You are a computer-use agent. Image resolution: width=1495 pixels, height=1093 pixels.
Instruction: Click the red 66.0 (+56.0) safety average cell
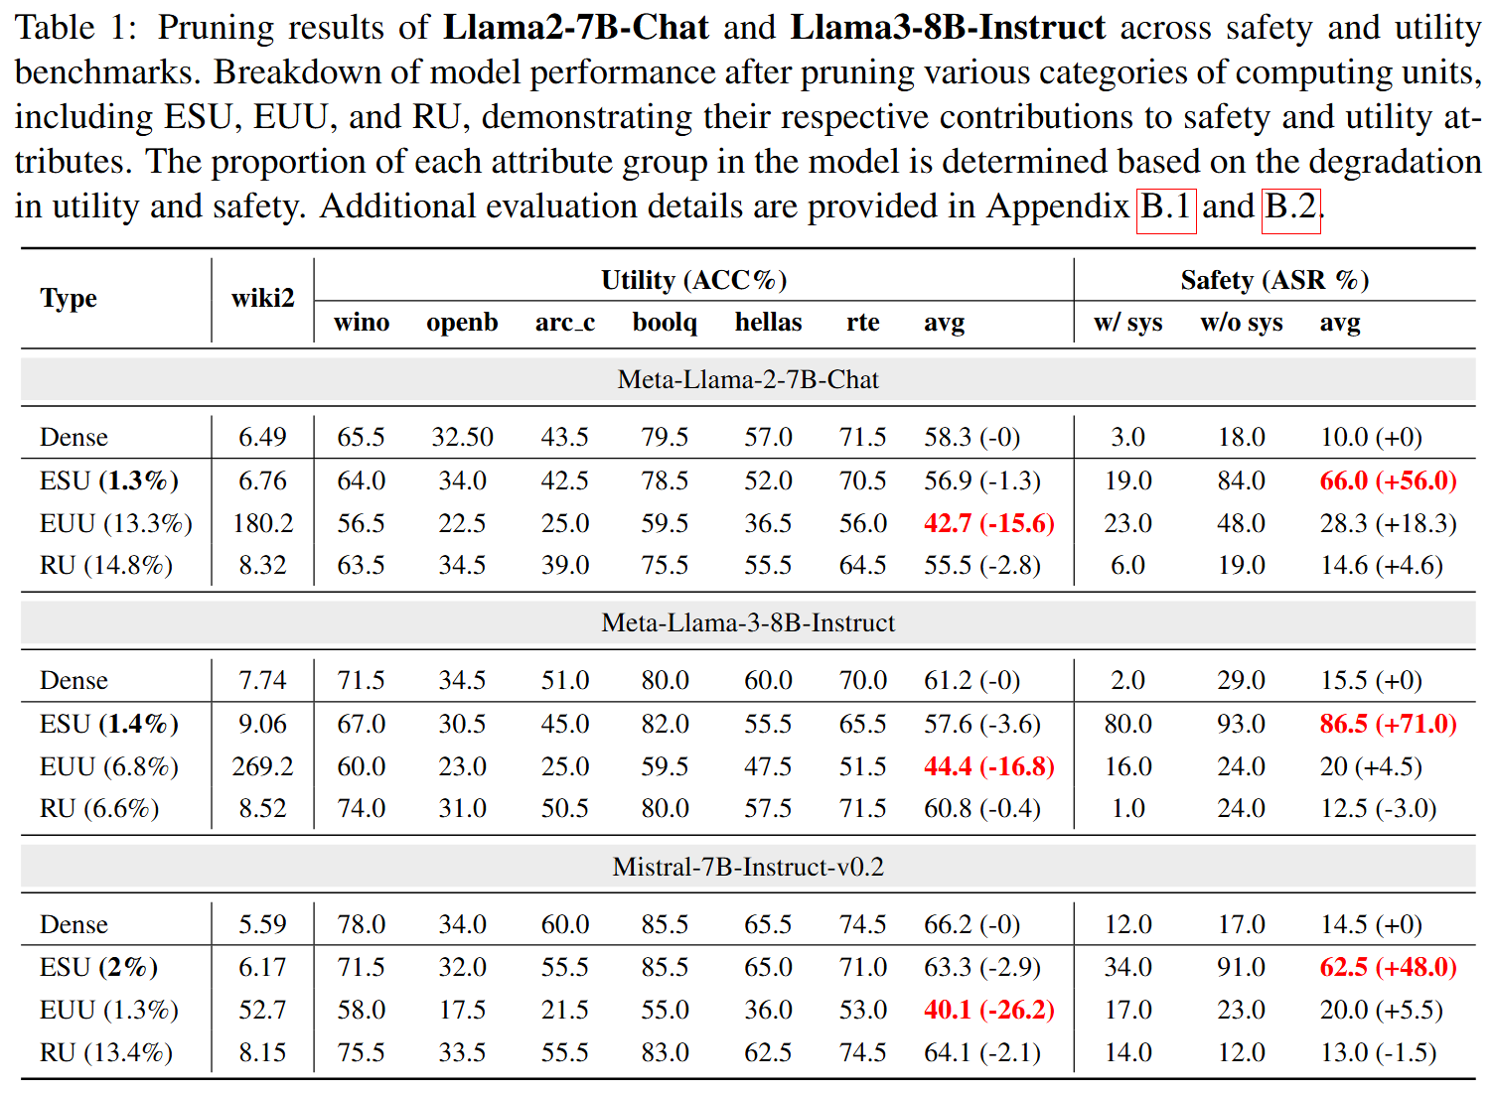tap(1388, 480)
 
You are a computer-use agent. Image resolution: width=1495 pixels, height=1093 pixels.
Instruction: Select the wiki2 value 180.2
tap(262, 523)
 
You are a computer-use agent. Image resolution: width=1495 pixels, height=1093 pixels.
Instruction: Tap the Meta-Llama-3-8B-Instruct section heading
tap(748, 622)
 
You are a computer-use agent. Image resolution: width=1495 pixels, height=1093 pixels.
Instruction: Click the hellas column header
tap(768, 323)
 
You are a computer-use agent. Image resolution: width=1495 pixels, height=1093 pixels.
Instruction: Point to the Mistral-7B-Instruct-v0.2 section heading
tap(748, 867)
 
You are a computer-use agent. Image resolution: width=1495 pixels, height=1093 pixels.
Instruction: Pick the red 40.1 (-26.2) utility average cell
tap(988, 1010)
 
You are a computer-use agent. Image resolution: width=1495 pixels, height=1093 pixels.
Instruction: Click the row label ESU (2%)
tap(98, 967)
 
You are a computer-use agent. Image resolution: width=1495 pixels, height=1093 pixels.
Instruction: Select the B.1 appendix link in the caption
tap(1165, 206)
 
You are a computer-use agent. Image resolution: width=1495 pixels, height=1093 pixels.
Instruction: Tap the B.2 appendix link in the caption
tap(1290, 206)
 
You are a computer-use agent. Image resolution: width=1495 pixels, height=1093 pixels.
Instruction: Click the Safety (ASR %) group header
tap(1274, 280)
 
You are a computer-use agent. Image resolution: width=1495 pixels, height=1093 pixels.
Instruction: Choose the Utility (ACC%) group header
tap(693, 280)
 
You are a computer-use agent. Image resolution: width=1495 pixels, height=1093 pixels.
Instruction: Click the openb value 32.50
tap(462, 437)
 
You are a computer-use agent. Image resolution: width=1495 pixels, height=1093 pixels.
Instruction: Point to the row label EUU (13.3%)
tap(116, 523)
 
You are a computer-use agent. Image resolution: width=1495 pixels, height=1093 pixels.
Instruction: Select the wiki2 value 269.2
tap(262, 766)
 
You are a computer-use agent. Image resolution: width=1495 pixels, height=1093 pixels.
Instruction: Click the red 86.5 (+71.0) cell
tap(1388, 724)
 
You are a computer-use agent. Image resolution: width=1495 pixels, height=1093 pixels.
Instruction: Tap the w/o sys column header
tap(1241, 323)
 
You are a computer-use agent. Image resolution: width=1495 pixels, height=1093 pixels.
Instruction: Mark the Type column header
tap(69, 298)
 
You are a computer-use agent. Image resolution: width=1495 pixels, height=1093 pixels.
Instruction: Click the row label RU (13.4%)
tap(106, 1052)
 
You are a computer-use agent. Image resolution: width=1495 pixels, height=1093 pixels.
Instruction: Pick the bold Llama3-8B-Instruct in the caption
tap(947, 27)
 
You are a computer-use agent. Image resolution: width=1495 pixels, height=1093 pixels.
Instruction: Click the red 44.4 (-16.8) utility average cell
tap(988, 766)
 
